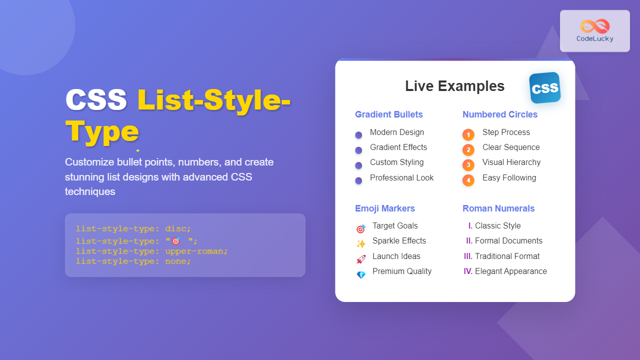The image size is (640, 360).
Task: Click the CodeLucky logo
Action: tap(594, 30)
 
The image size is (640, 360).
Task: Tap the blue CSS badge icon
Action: tap(545, 88)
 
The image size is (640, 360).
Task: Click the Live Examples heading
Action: tap(454, 86)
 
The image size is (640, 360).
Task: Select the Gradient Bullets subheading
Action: tap(389, 114)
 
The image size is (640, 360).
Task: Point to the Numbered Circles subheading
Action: tap(500, 114)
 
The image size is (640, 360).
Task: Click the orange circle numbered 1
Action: tap(468, 134)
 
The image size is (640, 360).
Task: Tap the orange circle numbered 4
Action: tap(468, 180)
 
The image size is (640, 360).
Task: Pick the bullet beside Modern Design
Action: tap(358, 135)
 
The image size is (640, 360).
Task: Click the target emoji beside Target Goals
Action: tap(360, 229)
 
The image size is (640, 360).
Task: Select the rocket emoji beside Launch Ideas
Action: tap(360, 259)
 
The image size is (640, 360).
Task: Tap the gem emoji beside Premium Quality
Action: tap(360, 274)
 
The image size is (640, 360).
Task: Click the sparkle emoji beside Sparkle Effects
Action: tap(360, 244)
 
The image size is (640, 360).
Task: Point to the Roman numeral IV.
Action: tap(468, 271)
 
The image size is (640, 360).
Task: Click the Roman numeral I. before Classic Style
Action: tap(470, 226)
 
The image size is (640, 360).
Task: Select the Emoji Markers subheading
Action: tap(385, 208)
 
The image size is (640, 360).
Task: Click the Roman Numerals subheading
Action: tap(498, 208)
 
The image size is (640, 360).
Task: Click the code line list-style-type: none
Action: tap(133, 261)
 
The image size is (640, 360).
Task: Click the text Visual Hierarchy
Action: tap(511, 162)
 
